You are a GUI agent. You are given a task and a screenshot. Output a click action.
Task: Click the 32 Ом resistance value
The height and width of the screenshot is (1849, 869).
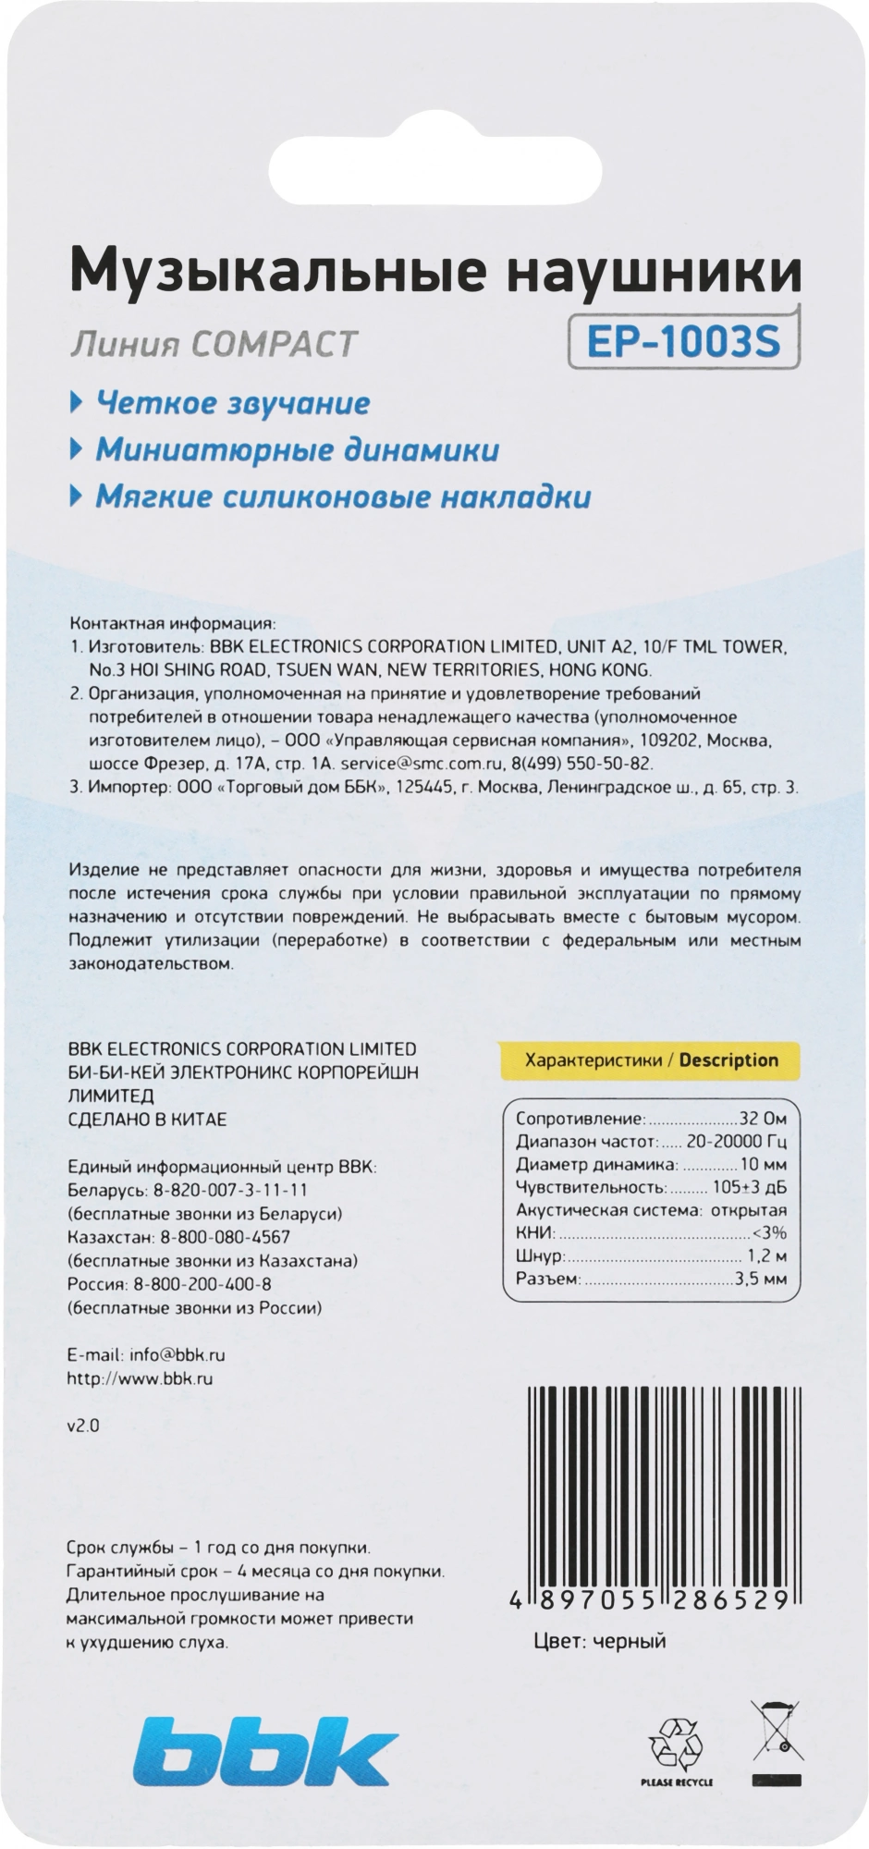tap(763, 1119)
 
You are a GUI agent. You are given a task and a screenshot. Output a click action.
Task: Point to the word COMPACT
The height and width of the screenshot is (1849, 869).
tap(273, 344)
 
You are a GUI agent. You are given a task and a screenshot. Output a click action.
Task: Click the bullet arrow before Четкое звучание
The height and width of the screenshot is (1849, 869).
tap(77, 403)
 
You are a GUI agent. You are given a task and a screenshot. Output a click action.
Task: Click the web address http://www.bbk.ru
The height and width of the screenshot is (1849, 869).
tap(141, 1378)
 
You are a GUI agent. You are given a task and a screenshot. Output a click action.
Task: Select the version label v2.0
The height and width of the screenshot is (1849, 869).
tap(83, 1426)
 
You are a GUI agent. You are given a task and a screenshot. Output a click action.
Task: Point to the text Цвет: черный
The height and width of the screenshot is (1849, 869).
tap(600, 1641)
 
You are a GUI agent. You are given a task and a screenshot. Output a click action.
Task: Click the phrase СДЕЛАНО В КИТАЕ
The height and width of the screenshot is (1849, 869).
tap(148, 1120)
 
